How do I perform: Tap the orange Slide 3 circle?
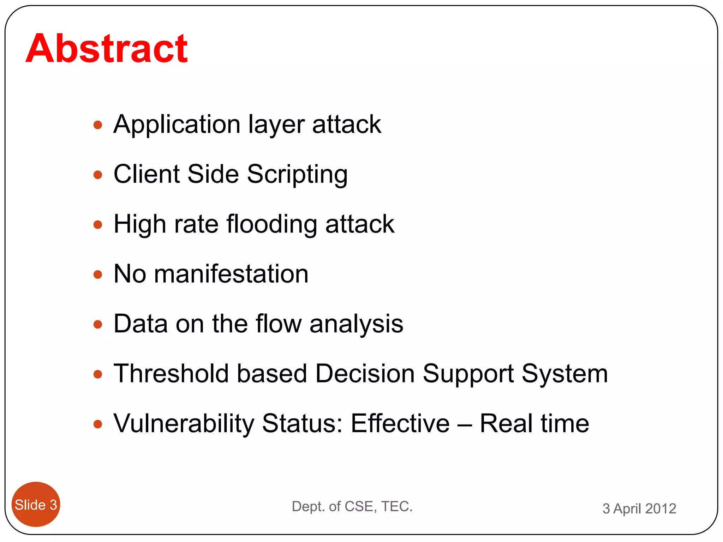tap(36, 505)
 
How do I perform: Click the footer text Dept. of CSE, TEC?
tap(352, 506)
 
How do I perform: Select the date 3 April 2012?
tap(639, 508)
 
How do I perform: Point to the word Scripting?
tap(297, 175)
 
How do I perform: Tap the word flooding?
tap(271, 225)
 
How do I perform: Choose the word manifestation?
tap(231, 274)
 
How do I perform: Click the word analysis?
tap(356, 324)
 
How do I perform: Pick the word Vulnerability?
tap(184, 424)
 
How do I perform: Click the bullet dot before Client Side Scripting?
tap(98, 175)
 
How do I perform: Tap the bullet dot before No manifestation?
tap(98, 275)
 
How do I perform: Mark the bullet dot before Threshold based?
tap(98, 374)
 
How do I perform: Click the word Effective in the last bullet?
tap(400, 423)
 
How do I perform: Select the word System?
tap(564, 374)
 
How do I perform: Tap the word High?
tap(139, 225)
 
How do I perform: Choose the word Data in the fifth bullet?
tap(141, 324)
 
